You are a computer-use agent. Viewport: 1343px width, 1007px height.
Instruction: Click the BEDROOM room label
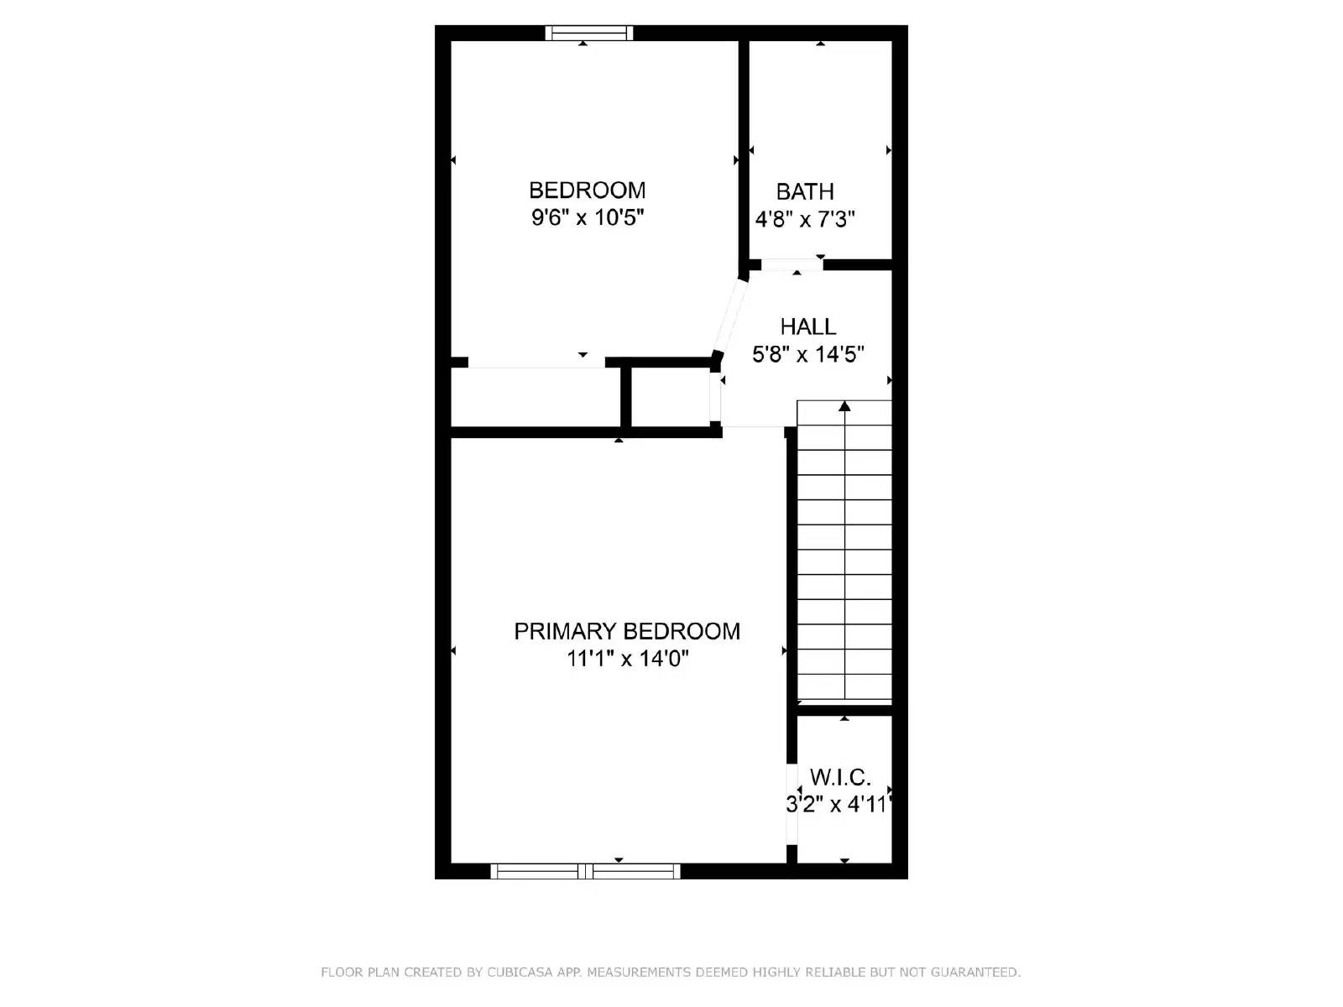pyautogui.click(x=587, y=190)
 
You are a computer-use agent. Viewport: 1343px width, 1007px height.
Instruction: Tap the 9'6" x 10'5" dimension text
pyautogui.click(x=587, y=218)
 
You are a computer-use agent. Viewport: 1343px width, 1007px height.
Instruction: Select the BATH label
pyautogui.click(x=804, y=191)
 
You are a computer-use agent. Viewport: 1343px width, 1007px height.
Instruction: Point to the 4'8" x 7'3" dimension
pyautogui.click(x=804, y=220)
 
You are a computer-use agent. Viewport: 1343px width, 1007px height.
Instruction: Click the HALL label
pyautogui.click(x=807, y=326)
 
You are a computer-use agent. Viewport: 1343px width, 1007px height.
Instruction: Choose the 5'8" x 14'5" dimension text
pyautogui.click(x=807, y=355)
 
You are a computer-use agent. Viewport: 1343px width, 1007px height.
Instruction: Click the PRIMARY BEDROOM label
pyautogui.click(x=627, y=631)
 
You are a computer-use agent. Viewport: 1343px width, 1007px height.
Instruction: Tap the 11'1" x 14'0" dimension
pyautogui.click(x=627, y=659)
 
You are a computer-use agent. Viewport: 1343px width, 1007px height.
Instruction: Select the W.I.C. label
pyautogui.click(x=839, y=777)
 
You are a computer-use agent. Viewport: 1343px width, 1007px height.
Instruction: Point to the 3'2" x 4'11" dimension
pyautogui.click(x=837, y=806)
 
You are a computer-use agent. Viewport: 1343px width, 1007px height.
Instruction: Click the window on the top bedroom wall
pyautogui.click(x=588, y=34)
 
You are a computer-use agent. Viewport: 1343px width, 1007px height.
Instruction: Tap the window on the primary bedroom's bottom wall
pyautogui.click(x=585, y=872)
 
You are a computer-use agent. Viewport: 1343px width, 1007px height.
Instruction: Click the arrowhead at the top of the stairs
pyautogui.click(x=844, y=407)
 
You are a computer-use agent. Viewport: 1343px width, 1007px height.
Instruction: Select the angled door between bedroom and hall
pyautogui.click(x=729, y=317)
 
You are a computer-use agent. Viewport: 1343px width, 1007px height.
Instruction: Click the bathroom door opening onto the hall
pyautogui.click(x=792, y=264)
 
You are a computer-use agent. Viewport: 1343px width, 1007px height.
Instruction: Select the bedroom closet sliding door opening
pyautogui.click(x=536, y=363)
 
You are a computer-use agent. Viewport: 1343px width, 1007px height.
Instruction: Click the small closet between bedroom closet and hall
pyautogui.click(x=670, y=398)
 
